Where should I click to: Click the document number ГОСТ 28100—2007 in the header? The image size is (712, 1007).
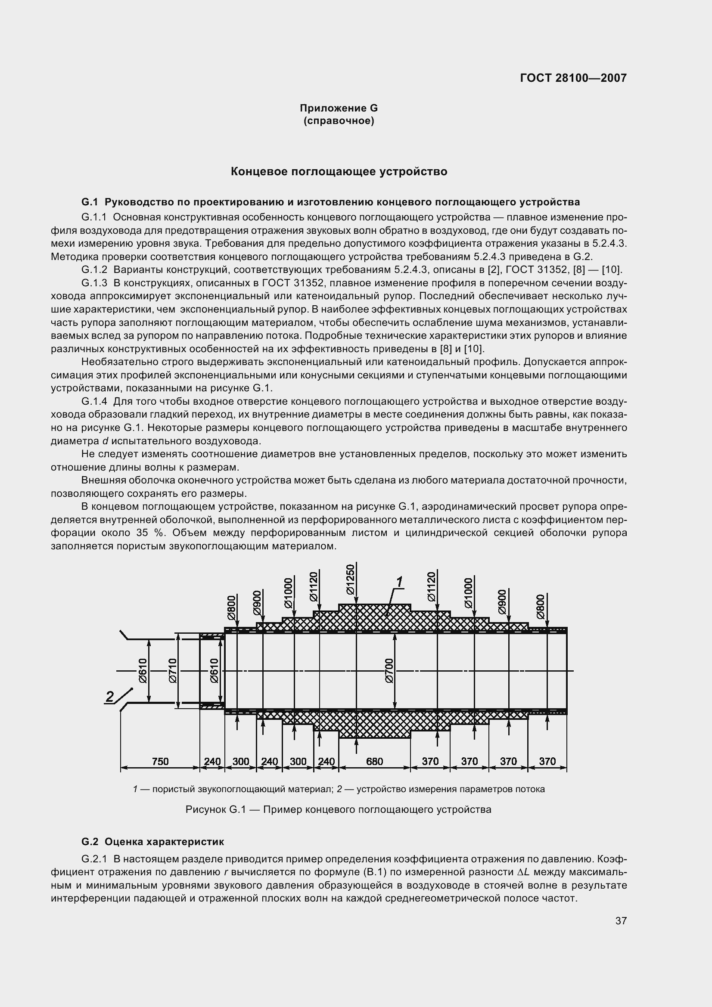(x=573, y=78)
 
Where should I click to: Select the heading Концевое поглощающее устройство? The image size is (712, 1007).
(x=339, y=171)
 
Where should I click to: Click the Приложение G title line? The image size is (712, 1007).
(x=339, y=108)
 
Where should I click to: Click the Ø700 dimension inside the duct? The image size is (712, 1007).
(x=389, y=671)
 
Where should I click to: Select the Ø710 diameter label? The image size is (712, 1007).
(x=172, y=671)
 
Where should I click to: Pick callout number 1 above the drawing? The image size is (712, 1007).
(x=399, y=583)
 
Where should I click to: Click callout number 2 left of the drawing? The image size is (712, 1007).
(x=110, y=697)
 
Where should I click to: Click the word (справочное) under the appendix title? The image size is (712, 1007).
(x=339, y=121)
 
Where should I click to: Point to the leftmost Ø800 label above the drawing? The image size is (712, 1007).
(x=232, y=607)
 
